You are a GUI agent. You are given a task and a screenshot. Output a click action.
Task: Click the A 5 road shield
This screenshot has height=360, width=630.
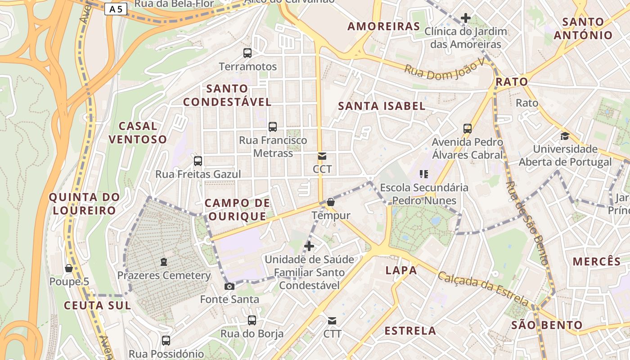(x=116, y=9)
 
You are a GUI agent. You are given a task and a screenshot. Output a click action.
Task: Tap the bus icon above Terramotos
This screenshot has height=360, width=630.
(x=247, y=53)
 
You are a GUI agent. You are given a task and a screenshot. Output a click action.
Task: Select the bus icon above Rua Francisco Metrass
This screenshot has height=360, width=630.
(x=273, y=127)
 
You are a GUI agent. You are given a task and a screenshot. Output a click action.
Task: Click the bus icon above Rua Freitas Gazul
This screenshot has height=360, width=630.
(x=198, y=161)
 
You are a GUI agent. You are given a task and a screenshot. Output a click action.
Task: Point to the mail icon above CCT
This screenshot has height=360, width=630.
(x=322, y=156)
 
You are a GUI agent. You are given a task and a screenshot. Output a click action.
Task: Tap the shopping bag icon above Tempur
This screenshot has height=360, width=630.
(x=331, y=202)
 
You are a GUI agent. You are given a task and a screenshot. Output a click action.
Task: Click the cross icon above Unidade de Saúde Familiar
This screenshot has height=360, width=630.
(x=309, y=246)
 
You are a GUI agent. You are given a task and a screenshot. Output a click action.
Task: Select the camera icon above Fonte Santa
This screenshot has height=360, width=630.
(x=229, y=286)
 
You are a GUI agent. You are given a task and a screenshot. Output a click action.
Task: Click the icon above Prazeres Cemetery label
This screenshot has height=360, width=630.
(x=164, y=262)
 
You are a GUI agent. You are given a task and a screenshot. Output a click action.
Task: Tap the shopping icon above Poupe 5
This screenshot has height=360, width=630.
(x=69, y=268)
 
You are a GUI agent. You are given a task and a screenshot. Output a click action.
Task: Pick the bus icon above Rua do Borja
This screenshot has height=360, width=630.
(x=252, y=320)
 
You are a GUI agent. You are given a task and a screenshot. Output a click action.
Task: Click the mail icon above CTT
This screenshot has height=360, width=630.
(x=332, y=321)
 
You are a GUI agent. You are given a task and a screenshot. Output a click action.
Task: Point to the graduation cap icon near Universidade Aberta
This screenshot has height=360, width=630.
(x=565, y=136)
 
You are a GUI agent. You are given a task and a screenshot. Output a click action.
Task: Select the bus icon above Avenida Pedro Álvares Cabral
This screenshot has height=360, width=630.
(x=468, y=129)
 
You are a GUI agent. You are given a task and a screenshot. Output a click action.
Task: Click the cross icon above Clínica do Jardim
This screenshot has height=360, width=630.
(x=466, y=18)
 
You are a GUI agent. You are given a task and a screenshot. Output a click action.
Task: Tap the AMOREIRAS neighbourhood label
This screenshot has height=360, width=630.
(x=384, y=27)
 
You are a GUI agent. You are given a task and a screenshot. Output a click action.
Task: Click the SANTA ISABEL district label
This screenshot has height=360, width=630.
(x=382, y=106)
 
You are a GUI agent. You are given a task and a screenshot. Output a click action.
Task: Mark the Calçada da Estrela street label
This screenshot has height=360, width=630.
(x=483, y=288)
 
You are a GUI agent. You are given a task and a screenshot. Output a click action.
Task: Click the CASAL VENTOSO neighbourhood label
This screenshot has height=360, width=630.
(x=138, y=133)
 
